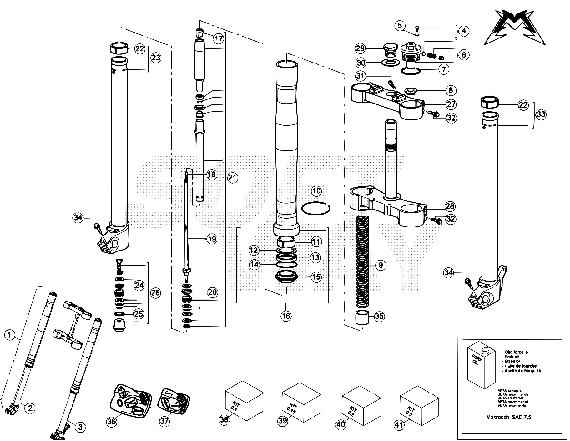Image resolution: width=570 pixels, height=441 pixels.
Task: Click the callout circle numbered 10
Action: click(316, 190)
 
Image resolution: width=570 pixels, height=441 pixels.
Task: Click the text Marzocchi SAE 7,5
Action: click(508, 417)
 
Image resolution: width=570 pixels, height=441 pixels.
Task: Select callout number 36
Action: click(112, 421)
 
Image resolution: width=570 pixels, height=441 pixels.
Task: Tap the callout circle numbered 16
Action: click(286, 316)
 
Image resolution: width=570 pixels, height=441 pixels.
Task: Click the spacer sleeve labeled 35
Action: click(361, 318)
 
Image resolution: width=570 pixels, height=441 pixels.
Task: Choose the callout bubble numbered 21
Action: click(232, 178)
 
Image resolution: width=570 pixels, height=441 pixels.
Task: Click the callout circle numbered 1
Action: click(10, 336)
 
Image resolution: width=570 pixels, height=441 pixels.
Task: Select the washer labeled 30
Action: click(389, 63)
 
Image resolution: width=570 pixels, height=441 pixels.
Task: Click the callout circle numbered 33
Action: click(541, 114)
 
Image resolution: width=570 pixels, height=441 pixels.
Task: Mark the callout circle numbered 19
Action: click(212, 240)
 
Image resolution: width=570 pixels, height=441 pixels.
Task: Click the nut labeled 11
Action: click(286, 242)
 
